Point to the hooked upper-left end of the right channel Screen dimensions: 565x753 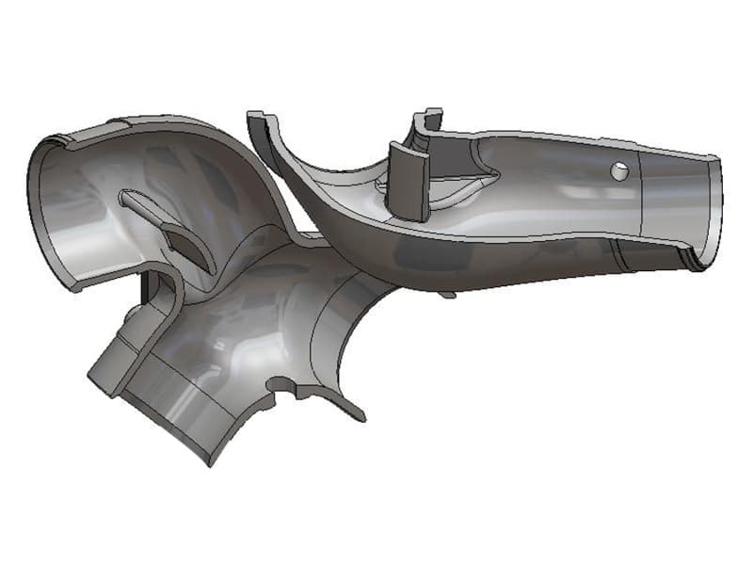coord(257,122)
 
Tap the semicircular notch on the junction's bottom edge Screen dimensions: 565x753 coord(280,386)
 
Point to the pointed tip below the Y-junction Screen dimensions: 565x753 coord(358,414)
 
